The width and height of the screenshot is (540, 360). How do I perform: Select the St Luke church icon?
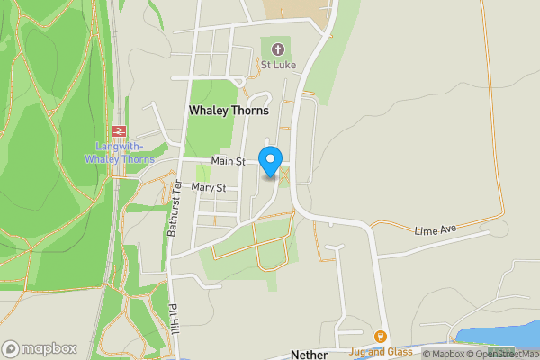(276, 49)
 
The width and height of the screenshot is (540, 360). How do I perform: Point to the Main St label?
(229, 161)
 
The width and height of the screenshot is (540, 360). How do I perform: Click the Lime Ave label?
(436, 231)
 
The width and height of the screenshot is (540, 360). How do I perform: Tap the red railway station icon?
(120, 131)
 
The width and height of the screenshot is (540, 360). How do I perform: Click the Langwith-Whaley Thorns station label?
(120, 153)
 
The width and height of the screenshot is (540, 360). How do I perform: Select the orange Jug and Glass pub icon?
(382, 338)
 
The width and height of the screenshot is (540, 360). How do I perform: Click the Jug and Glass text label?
(382, 352)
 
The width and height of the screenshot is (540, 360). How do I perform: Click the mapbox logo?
(39, 348)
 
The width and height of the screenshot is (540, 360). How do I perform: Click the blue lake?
(499, 336)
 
